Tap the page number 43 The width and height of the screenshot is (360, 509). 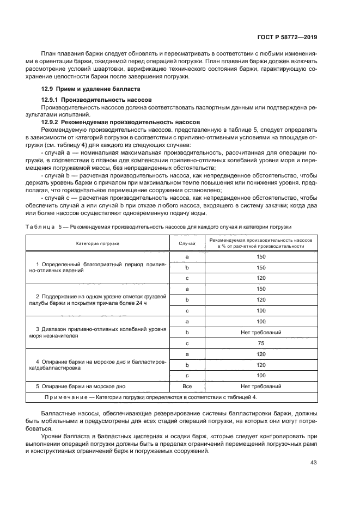point(313,462)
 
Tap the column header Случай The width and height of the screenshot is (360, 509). point(187,243)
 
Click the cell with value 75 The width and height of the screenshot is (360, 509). point(260,344)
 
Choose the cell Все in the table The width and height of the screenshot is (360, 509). point(187,387)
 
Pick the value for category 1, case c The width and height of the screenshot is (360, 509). point(260,278)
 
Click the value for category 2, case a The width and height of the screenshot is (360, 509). point(260,289)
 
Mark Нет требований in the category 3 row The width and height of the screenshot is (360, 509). point(260,333)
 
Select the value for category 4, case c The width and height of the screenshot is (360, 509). point(260,376)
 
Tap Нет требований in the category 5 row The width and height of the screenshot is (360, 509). point(260,387)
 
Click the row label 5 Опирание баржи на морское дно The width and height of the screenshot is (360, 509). point(80,387)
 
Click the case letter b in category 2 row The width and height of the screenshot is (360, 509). point(187,300)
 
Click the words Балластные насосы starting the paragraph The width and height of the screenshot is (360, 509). point(67,415)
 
